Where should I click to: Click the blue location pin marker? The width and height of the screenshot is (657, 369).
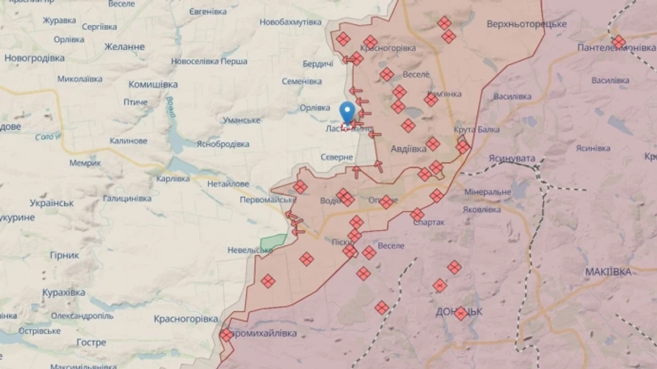(347, 112)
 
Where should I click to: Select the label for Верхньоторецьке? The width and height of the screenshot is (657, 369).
(526, 24)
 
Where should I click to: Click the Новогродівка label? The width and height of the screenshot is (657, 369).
(34, 58)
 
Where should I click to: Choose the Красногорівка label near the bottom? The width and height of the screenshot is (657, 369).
(185, 319)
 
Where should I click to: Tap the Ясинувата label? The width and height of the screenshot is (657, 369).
(512, 158)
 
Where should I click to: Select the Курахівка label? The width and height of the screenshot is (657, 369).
(63, 292)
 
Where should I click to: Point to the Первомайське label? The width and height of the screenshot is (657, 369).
(268, 199)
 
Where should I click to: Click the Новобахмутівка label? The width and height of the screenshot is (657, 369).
(290, 22)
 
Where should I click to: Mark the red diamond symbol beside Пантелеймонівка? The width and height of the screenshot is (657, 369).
(618, 41)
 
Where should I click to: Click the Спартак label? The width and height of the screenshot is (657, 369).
(429, 222)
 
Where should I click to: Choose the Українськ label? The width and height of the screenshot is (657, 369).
(52, 202)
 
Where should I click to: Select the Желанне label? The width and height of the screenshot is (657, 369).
(124, 47)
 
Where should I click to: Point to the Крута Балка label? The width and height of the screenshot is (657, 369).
(477, 129)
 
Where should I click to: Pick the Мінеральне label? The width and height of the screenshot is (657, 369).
(487, 192)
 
